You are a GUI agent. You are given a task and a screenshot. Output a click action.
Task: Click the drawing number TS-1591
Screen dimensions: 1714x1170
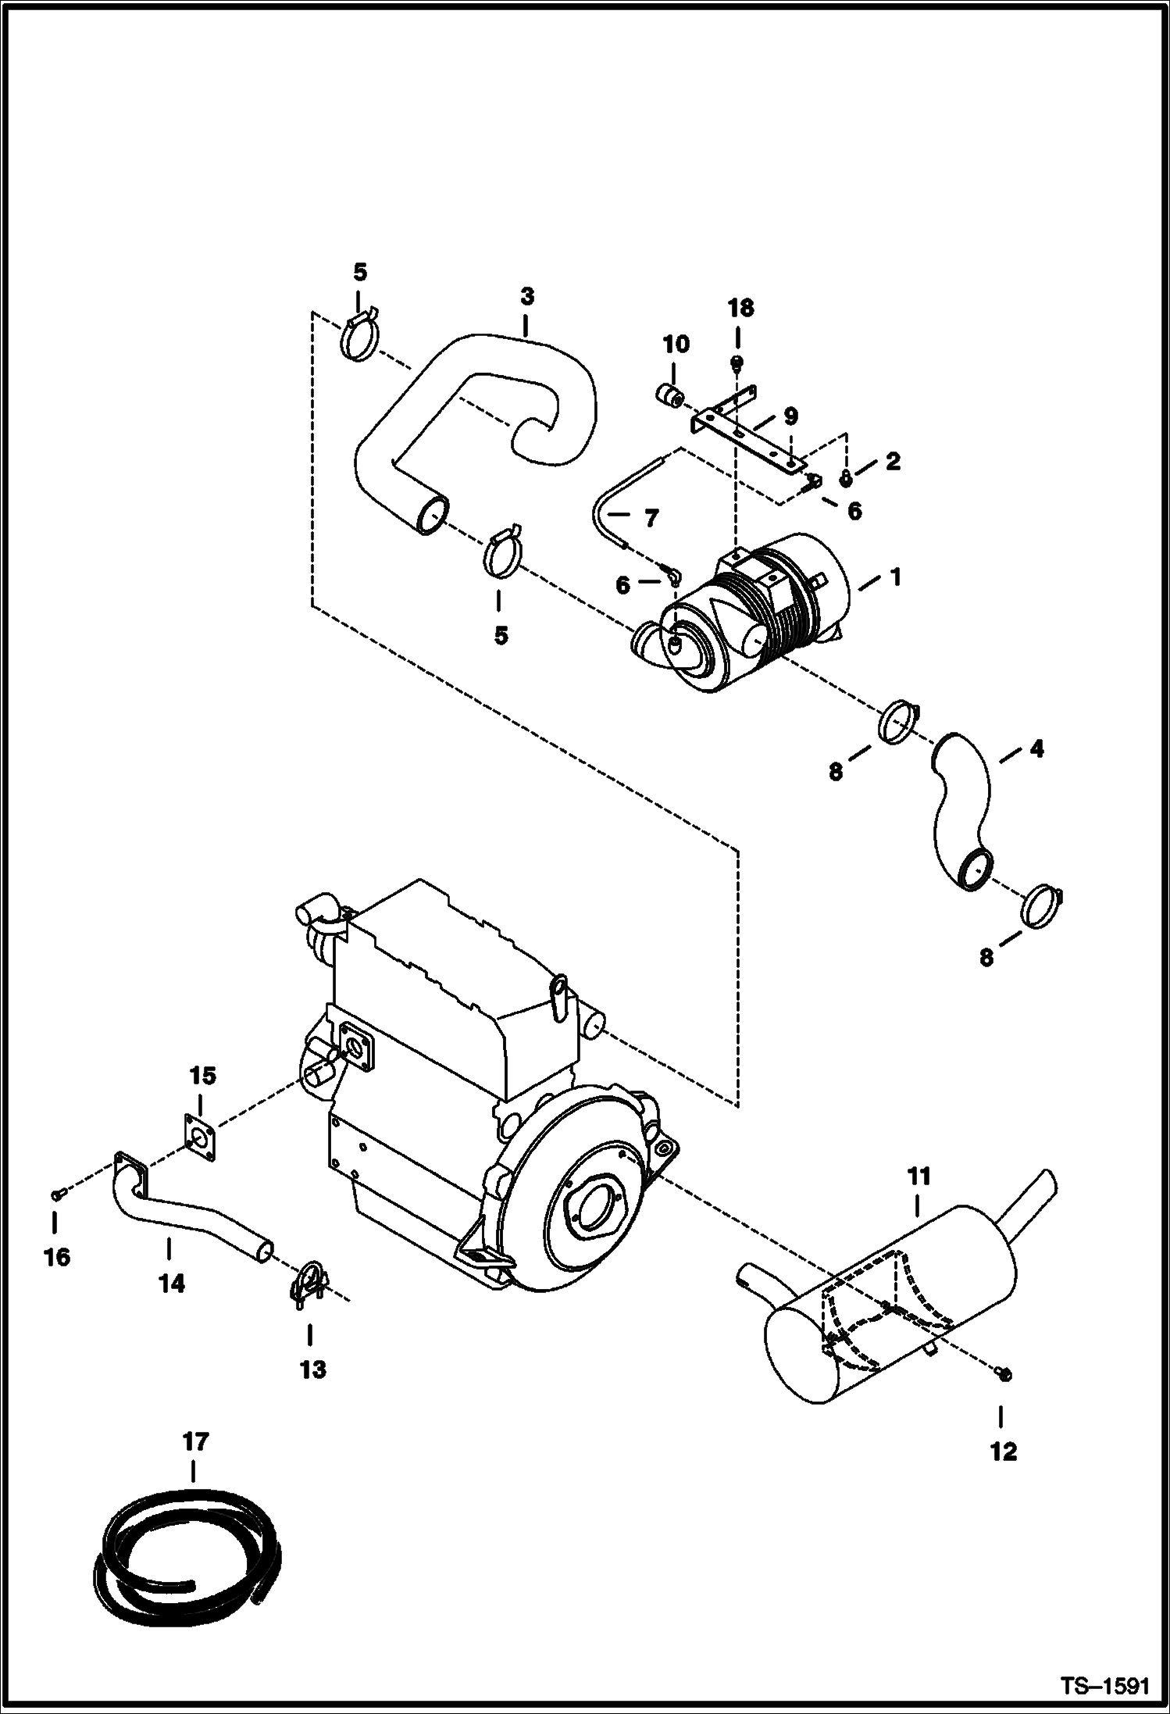coord(1104,1684)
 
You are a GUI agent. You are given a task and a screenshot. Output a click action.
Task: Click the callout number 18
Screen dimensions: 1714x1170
coord(740,309)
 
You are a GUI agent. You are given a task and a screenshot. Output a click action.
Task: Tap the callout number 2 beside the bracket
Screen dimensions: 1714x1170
coord(892,461)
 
